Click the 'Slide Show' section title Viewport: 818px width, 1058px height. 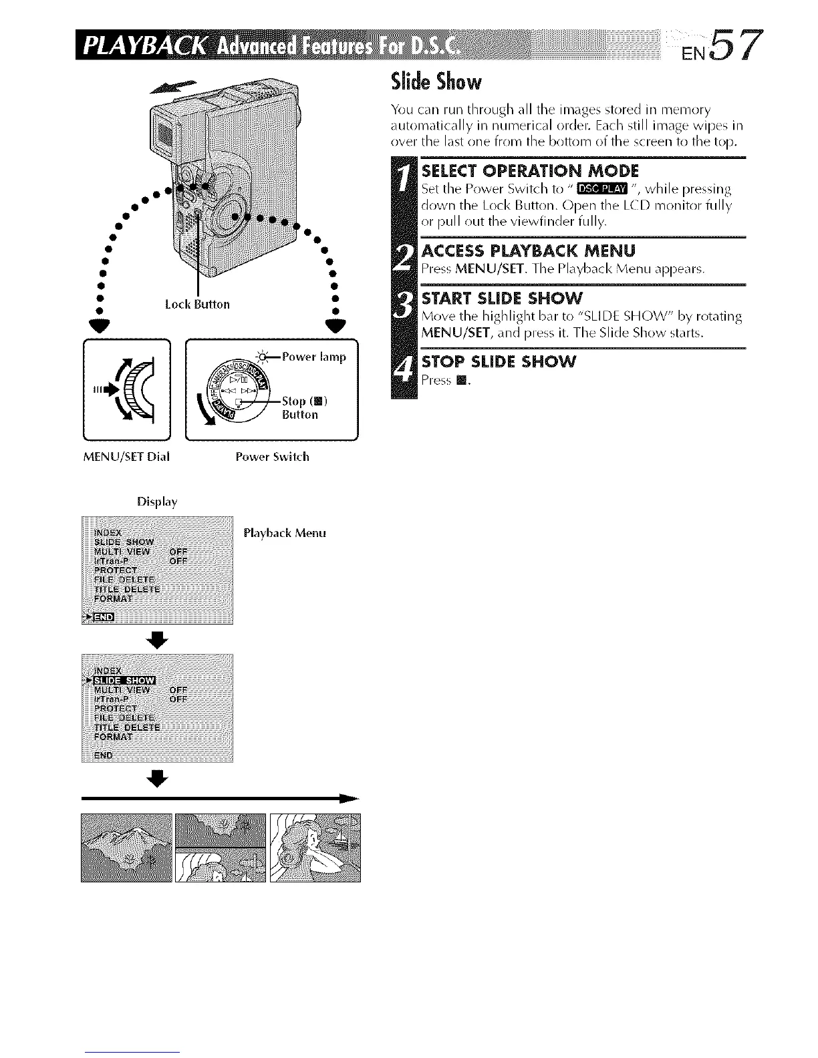(x=436, y=82)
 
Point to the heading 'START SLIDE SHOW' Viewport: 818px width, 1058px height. (x=503, y=297)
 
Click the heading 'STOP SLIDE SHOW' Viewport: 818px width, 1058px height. (x=499, y=362)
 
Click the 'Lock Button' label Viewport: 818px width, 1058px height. (x=197, y=305)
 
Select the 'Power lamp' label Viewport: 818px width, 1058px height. (x=314, y=357)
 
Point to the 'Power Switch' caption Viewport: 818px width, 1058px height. (x=272, y=458)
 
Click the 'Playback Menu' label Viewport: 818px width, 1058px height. (x=285, y=534)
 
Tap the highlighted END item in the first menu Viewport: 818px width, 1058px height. (x=105, y=617)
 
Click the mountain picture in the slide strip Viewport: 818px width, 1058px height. (x=126, y=848)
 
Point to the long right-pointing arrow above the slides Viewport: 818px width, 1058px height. (x=221, y=798)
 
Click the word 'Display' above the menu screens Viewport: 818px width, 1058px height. (x=157, y=502)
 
